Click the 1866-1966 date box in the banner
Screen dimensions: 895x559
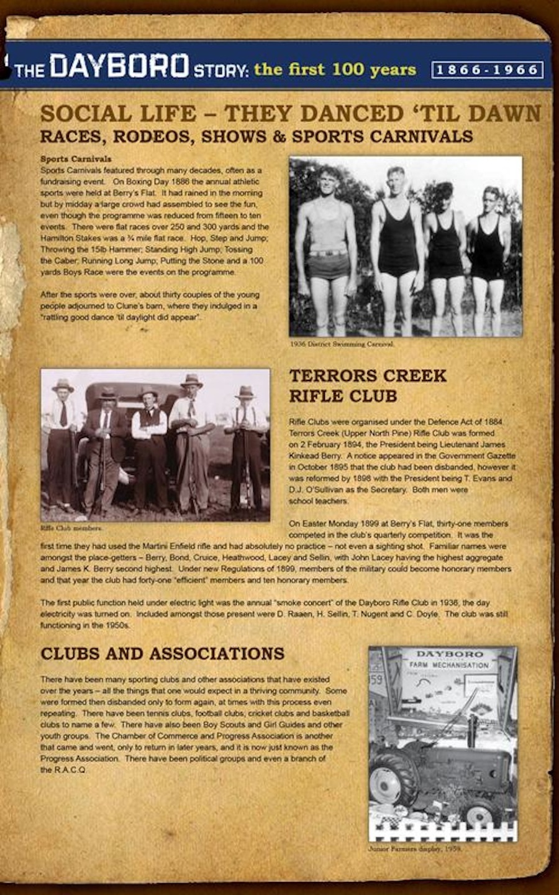[487, 70]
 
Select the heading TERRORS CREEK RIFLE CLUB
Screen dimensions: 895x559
[368, 385]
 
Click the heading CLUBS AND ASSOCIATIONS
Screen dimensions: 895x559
[162, 654]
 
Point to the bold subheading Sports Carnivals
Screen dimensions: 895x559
[76, 159]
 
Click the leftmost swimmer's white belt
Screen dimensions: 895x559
[327, 253]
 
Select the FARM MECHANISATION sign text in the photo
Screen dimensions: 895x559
[449, 665]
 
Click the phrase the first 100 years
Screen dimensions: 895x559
[335, 69]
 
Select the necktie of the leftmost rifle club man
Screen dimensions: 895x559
[63, 413]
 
